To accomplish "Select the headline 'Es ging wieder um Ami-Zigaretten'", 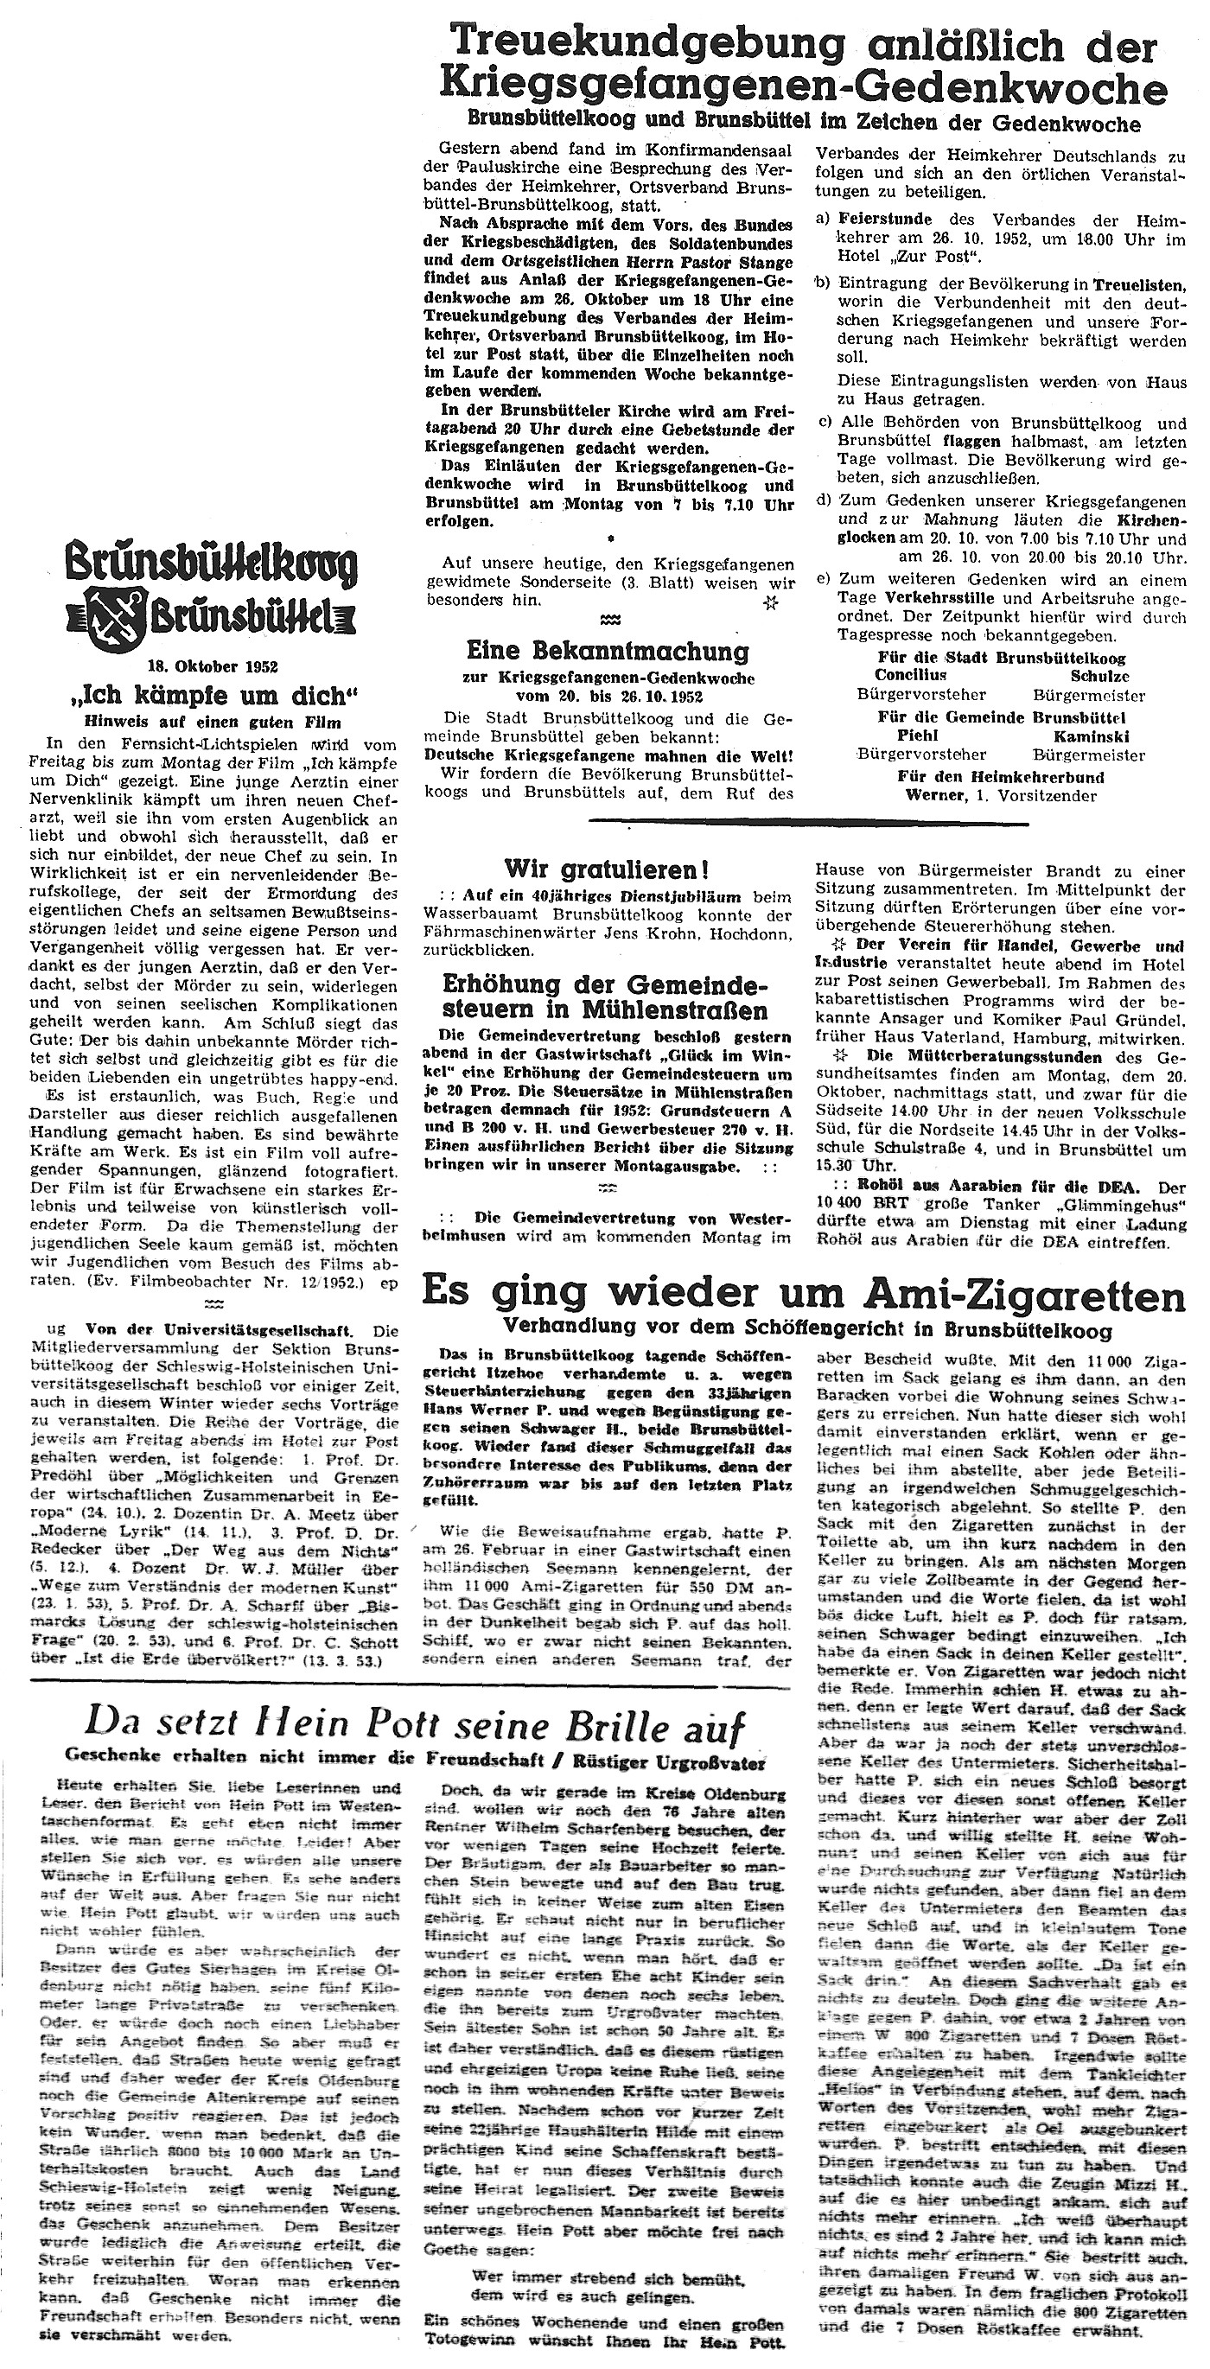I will [x=803, y=1296].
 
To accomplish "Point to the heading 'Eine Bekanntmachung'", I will [x=608, y=651].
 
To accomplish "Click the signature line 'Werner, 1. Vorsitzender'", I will [x=1000, y=796].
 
